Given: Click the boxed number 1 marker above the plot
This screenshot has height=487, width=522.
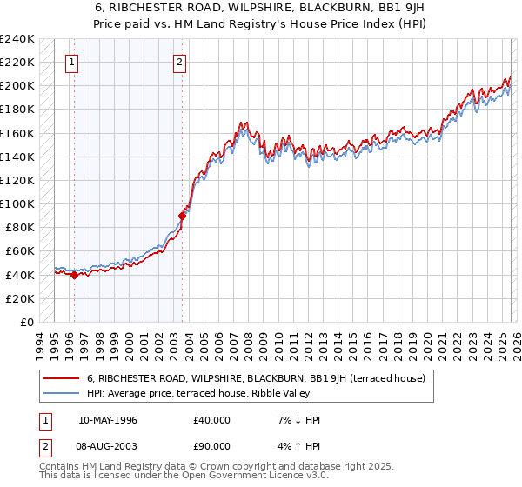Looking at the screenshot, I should pos(71,62).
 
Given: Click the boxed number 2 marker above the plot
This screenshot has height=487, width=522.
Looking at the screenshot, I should pos(179,62).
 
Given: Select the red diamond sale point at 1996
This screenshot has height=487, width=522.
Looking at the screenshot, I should pos(74,276).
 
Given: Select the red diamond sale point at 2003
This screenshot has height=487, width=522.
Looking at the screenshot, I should pos(183,216).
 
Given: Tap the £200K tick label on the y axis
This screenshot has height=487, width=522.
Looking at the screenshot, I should pos(17,85).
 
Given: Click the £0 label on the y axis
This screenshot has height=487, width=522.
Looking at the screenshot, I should pos(26,322).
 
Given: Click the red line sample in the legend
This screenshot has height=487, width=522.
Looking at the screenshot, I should pos(61,378).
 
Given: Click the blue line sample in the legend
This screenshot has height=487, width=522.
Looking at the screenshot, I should pos(61,393).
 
